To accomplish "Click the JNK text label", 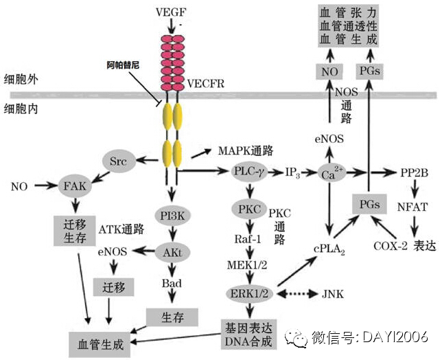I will tap(333, 294).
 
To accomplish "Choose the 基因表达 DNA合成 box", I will tap(248, 333).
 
